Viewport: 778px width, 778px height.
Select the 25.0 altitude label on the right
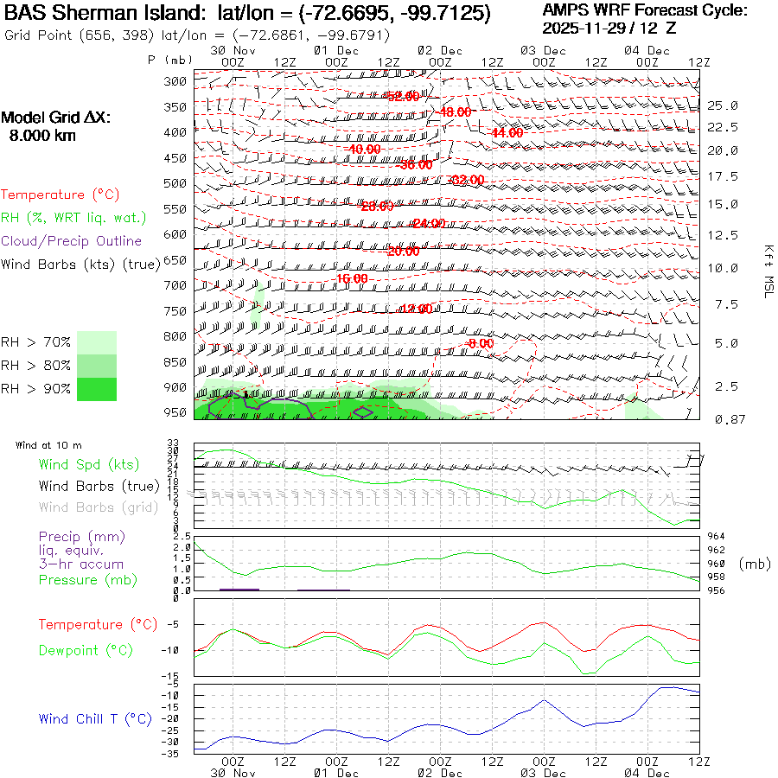tap(722, 105)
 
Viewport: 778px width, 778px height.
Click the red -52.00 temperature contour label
tap(403, 96)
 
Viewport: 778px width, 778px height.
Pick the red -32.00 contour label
tap(468, 180)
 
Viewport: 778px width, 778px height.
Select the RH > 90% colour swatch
tap(97, 389)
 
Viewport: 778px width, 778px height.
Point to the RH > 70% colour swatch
tap(97, 342)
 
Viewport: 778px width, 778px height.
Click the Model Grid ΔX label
tap(56, 118)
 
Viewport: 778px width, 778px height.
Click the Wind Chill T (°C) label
tap(95, 719)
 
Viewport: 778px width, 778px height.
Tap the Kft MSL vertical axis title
tap(765, 270)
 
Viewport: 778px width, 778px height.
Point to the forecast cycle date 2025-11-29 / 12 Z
tap(609, 28)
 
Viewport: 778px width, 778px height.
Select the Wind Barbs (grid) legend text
tap(99, 507)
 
